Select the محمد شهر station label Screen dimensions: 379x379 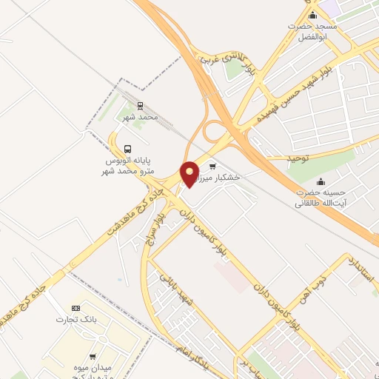(x=141, y=117)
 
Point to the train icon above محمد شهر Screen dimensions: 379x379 (x=141, y=106)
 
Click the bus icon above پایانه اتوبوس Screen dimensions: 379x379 (x=129, y=147)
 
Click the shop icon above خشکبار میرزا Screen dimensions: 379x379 (x=212, y=166)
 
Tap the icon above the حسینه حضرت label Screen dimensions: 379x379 (x=320, y=181)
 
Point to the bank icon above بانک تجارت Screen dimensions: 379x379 (x=75, y=308)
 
